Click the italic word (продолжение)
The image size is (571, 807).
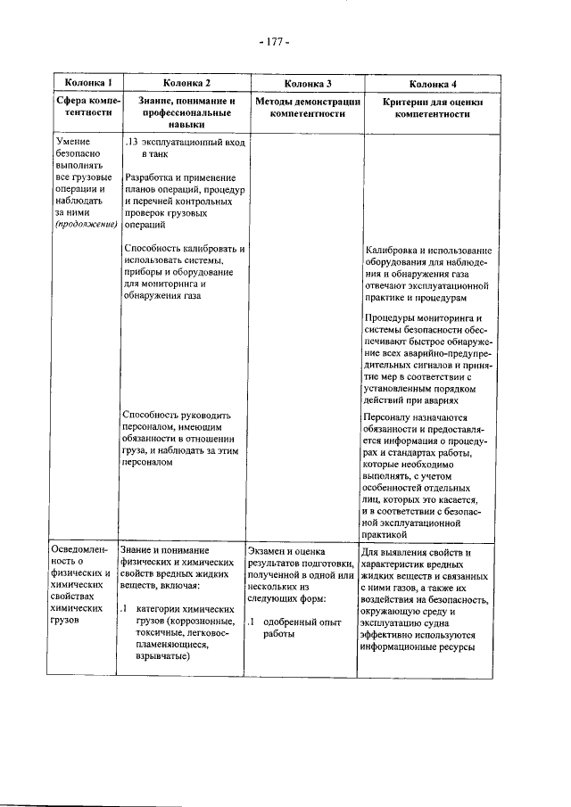click(86, 226)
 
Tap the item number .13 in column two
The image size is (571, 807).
click(132, 142)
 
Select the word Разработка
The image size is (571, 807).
click(151, 177)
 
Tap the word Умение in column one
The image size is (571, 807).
click(71, 142)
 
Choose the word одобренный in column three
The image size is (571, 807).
click(288, 622)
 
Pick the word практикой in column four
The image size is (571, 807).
click(387, 523)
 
